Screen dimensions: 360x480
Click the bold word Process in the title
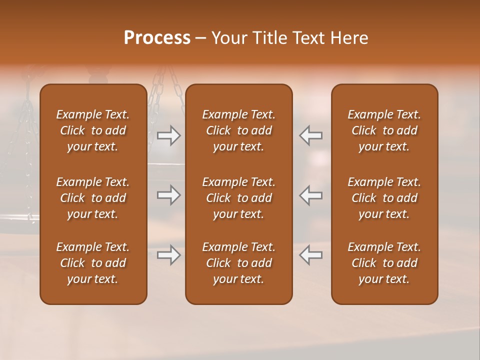click(x=157, y=38)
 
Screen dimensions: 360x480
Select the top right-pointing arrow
click(x=169, y=135)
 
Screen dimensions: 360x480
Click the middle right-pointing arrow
click(x=169, y=195)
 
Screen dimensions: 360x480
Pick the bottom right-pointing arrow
click(x=169, y=255)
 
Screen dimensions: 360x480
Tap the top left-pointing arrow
click(x=311, y=135)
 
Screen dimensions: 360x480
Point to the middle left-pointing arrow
click(x=311, y=195)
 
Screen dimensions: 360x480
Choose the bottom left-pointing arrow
click(x=311, y=255)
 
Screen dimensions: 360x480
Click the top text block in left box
click(x=93, y=130)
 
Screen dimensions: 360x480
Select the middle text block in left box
click(x=93, y=198)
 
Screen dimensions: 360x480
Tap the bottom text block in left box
click(x=93, y=263)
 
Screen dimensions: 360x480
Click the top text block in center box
click(x=238, y=130)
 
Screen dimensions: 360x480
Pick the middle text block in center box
click(x=238, y=198)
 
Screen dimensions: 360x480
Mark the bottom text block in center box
click(x=238, y=263)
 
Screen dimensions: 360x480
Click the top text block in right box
click(x=384, y=130)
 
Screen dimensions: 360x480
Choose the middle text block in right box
click(x=384, y=198)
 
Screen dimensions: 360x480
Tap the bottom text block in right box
click(x=384, y=263)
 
